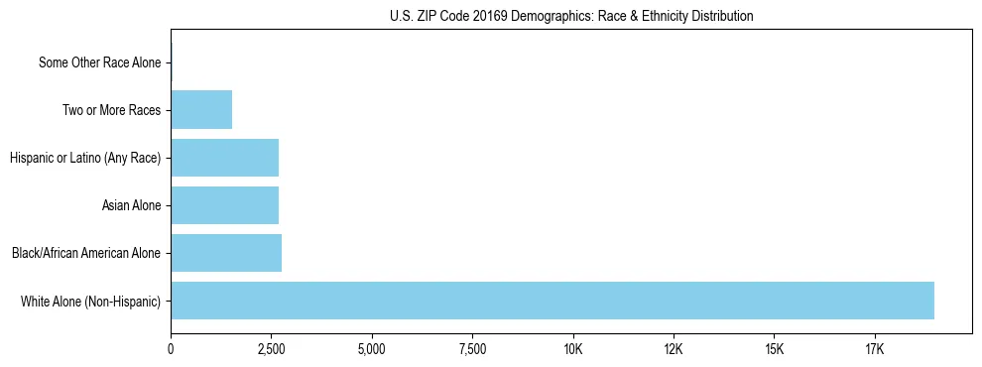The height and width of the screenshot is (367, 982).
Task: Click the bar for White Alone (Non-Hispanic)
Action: (552, 301)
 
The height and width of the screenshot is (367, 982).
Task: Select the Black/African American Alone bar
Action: (226, 253)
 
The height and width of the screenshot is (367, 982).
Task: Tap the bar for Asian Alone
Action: (224, 205)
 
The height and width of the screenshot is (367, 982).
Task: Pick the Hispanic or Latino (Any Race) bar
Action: (224, 158)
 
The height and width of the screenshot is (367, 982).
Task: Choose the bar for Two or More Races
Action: (201, 110)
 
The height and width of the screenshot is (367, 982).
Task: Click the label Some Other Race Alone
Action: (99, 62)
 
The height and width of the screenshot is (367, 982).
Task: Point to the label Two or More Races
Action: (111, 110)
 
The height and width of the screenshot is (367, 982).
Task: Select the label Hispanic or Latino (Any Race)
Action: (85, 158)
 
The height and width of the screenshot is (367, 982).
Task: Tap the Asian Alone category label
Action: (131, 205)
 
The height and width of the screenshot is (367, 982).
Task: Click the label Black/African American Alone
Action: (86, 253)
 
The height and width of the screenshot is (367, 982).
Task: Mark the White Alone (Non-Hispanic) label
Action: (90, 301)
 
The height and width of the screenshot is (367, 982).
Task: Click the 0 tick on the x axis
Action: (171, 350)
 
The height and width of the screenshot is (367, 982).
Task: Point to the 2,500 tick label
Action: (271, 350)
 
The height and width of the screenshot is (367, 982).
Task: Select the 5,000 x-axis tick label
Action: (372, 350)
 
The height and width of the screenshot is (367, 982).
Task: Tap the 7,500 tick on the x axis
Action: (472, 350)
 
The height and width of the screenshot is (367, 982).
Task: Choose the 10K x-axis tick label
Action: (573, 350)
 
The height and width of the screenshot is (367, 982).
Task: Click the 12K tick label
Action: (674, 350)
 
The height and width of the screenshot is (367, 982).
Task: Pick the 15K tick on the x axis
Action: (775, 350)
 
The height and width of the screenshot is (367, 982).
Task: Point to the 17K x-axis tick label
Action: (875, 350)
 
